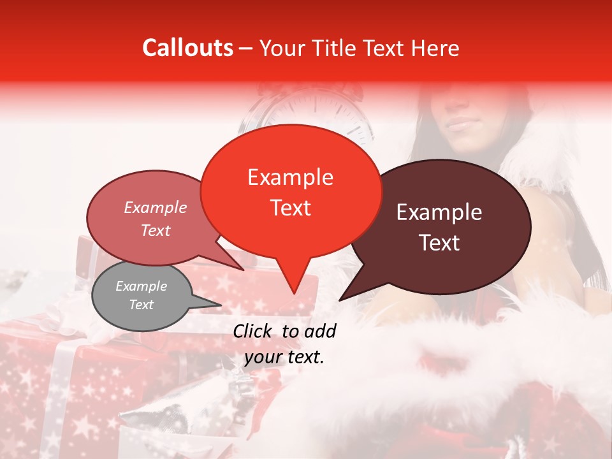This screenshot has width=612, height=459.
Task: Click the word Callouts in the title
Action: (x=187, y=48)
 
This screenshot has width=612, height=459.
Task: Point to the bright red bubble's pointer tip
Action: (x=294, y=293)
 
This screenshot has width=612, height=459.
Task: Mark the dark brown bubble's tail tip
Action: (x=340, y=300)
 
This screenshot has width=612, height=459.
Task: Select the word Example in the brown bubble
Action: (x=439, y=212)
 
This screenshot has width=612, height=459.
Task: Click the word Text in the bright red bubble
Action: (x=291, y=208)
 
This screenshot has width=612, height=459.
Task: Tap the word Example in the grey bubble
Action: (x=141, y=286)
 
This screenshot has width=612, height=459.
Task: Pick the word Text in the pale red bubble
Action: (x=156, y=231)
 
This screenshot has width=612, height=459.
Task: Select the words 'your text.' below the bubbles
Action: (x=284, y=357)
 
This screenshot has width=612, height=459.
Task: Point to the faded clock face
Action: (x=312, y=115)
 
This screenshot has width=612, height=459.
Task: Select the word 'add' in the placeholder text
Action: (x=321, y=331)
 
